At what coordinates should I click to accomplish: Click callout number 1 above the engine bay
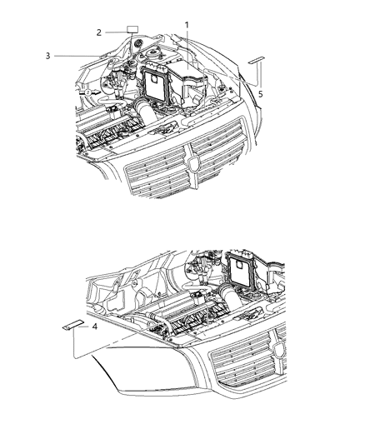tap(187, 25)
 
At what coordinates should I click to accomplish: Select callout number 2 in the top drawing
tap(98, 32)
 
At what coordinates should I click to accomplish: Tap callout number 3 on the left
tap(47, 56)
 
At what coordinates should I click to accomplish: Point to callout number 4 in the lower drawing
tap(95, 327)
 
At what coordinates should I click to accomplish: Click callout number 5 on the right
tap(261, 94)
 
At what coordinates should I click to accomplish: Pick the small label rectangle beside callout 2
tap(132, 29)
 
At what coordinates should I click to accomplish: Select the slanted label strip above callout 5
tap(257, 60)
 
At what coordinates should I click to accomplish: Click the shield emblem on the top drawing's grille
tap(194, 163)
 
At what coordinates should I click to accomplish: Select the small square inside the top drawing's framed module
tap(154, 79)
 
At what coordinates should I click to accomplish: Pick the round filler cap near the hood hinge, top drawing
tap(138, 43)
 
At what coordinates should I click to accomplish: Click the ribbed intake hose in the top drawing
tap(146, 111)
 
